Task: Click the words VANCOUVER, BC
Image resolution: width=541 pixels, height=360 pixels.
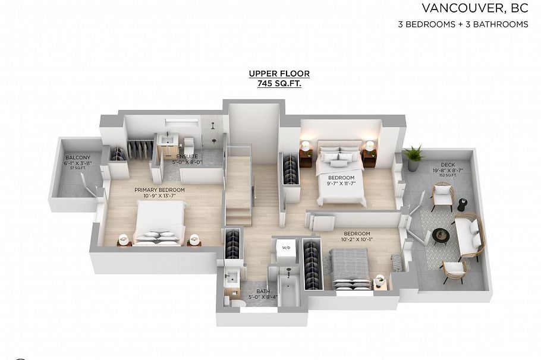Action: pos(474,8)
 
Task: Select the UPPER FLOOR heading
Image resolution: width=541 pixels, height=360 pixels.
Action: pos(279,74)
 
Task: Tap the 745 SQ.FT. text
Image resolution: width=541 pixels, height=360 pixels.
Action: pos(279,84)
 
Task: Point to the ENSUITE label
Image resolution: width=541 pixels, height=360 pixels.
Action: pos(187,156)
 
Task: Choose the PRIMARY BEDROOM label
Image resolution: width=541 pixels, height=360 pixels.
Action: pos(159,190)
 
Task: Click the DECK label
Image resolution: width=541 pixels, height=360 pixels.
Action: pos(448,165)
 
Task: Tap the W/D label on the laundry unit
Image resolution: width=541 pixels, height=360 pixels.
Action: pos(286,248)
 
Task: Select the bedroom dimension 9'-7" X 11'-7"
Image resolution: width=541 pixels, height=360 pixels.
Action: pos(341,184)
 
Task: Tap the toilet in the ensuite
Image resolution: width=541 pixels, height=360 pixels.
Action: pos(190,146)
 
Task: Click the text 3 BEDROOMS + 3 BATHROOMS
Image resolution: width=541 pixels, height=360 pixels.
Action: pos(463,24)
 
